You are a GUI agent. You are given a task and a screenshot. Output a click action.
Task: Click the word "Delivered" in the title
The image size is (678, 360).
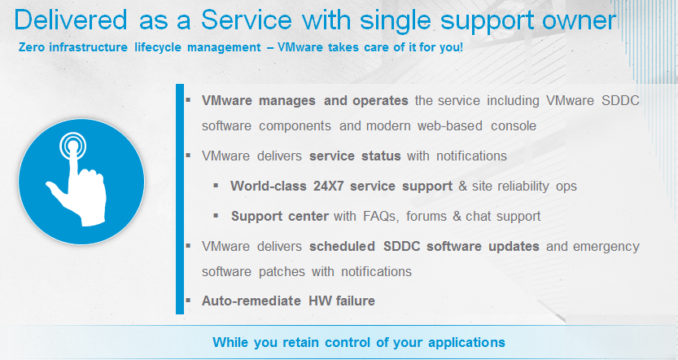coord(71,20)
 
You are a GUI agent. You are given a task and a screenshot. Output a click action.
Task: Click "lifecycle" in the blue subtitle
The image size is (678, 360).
coord(157,47)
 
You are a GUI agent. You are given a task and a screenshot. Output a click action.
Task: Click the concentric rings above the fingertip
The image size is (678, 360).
coord(72,145)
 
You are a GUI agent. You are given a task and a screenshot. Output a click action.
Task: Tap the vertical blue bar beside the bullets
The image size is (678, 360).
coord(180,199)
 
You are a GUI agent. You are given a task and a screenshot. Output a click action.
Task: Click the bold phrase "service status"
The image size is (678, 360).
coord(355,156)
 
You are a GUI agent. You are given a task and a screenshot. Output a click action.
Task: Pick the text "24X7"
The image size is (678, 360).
coord(328,186)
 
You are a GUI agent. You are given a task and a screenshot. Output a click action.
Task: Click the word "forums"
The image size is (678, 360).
coord(426,216)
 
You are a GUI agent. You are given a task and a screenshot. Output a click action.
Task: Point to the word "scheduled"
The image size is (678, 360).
coord(342,246)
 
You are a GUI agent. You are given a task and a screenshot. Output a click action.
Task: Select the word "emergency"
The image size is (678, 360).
coord(606,247)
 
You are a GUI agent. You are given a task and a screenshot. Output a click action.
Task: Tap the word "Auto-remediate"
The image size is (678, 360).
coord(252,301)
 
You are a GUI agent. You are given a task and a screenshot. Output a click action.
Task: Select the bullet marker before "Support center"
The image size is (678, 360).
coord(216,215)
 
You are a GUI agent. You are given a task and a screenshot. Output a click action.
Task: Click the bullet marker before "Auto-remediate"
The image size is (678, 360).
coord(188,300)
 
